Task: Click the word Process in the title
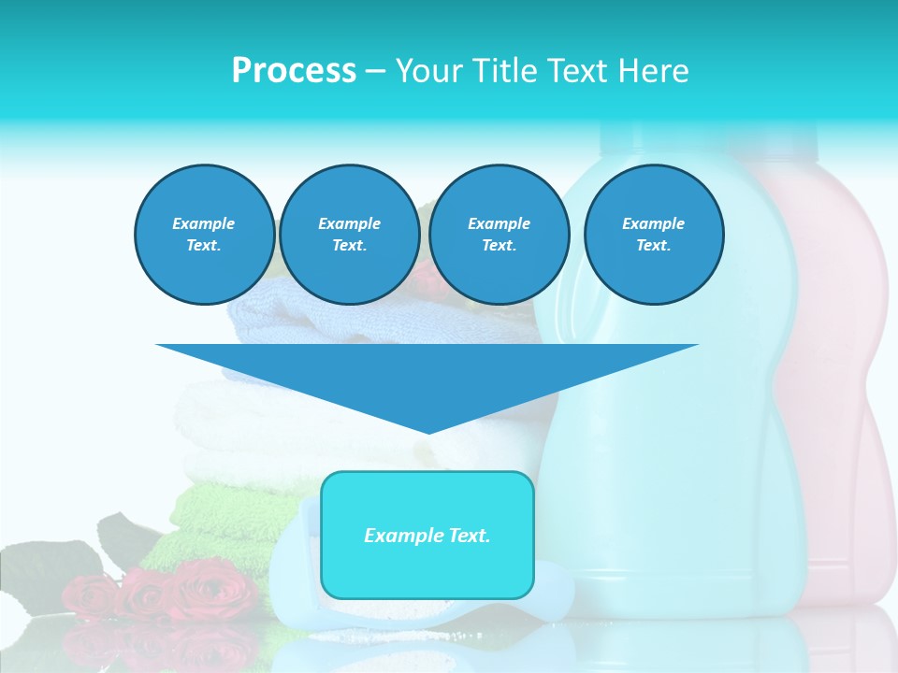point(294,71)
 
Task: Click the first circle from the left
point(204,235)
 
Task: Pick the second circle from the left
point(349,235)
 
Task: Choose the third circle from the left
point(499,235)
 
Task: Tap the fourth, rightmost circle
point(653,235)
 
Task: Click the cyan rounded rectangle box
point(427,570)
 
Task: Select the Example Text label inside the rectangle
point(427,536)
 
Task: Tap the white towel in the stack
point(234,411)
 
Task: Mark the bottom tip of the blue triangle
point(427,431)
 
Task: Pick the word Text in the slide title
point(576,71)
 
